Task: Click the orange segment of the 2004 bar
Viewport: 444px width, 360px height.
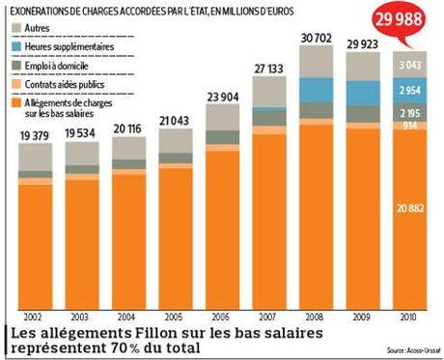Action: [128, 241]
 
